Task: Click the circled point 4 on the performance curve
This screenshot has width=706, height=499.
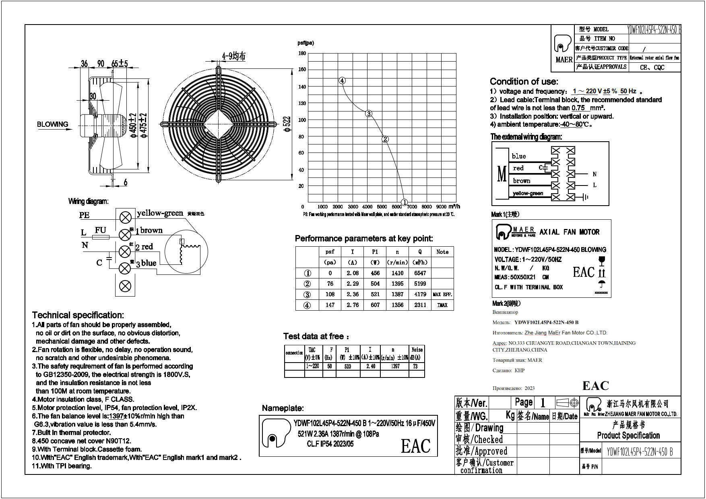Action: click(x=342, y=80)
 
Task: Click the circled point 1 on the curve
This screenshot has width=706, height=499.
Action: click(x=405, y=202)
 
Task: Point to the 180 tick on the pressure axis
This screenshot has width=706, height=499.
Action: click(x=302, y=53)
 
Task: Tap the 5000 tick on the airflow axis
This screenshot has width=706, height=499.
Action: click(x=382, y=207)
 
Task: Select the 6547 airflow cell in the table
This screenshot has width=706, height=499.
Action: click(x=420, y=273)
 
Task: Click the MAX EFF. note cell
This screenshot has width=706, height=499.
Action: click(x=442, y=295)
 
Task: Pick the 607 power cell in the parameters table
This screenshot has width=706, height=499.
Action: click(x=375, y=305)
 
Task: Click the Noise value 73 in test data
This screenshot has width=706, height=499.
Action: click(x=415, y=367)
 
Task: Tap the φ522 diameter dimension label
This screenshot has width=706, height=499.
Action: click(x=287, y=124)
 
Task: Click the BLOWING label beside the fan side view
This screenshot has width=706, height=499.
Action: click(x=53, y=124)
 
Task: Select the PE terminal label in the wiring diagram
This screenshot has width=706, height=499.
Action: click(x=85, y=215)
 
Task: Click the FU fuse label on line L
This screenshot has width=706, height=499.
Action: click(x=100, y=230)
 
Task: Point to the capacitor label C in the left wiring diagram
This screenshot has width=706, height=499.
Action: click(x=99, y=263)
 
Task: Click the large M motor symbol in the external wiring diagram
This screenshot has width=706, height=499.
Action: click(x=502, y=174)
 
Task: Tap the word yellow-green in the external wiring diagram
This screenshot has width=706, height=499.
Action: click(x=528, y=194)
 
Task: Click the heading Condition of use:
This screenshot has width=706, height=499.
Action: click(x=524, y=81)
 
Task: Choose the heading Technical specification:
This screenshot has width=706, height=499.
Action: click(x=78, y=315)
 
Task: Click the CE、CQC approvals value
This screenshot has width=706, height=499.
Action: click(x=652, y=68)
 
